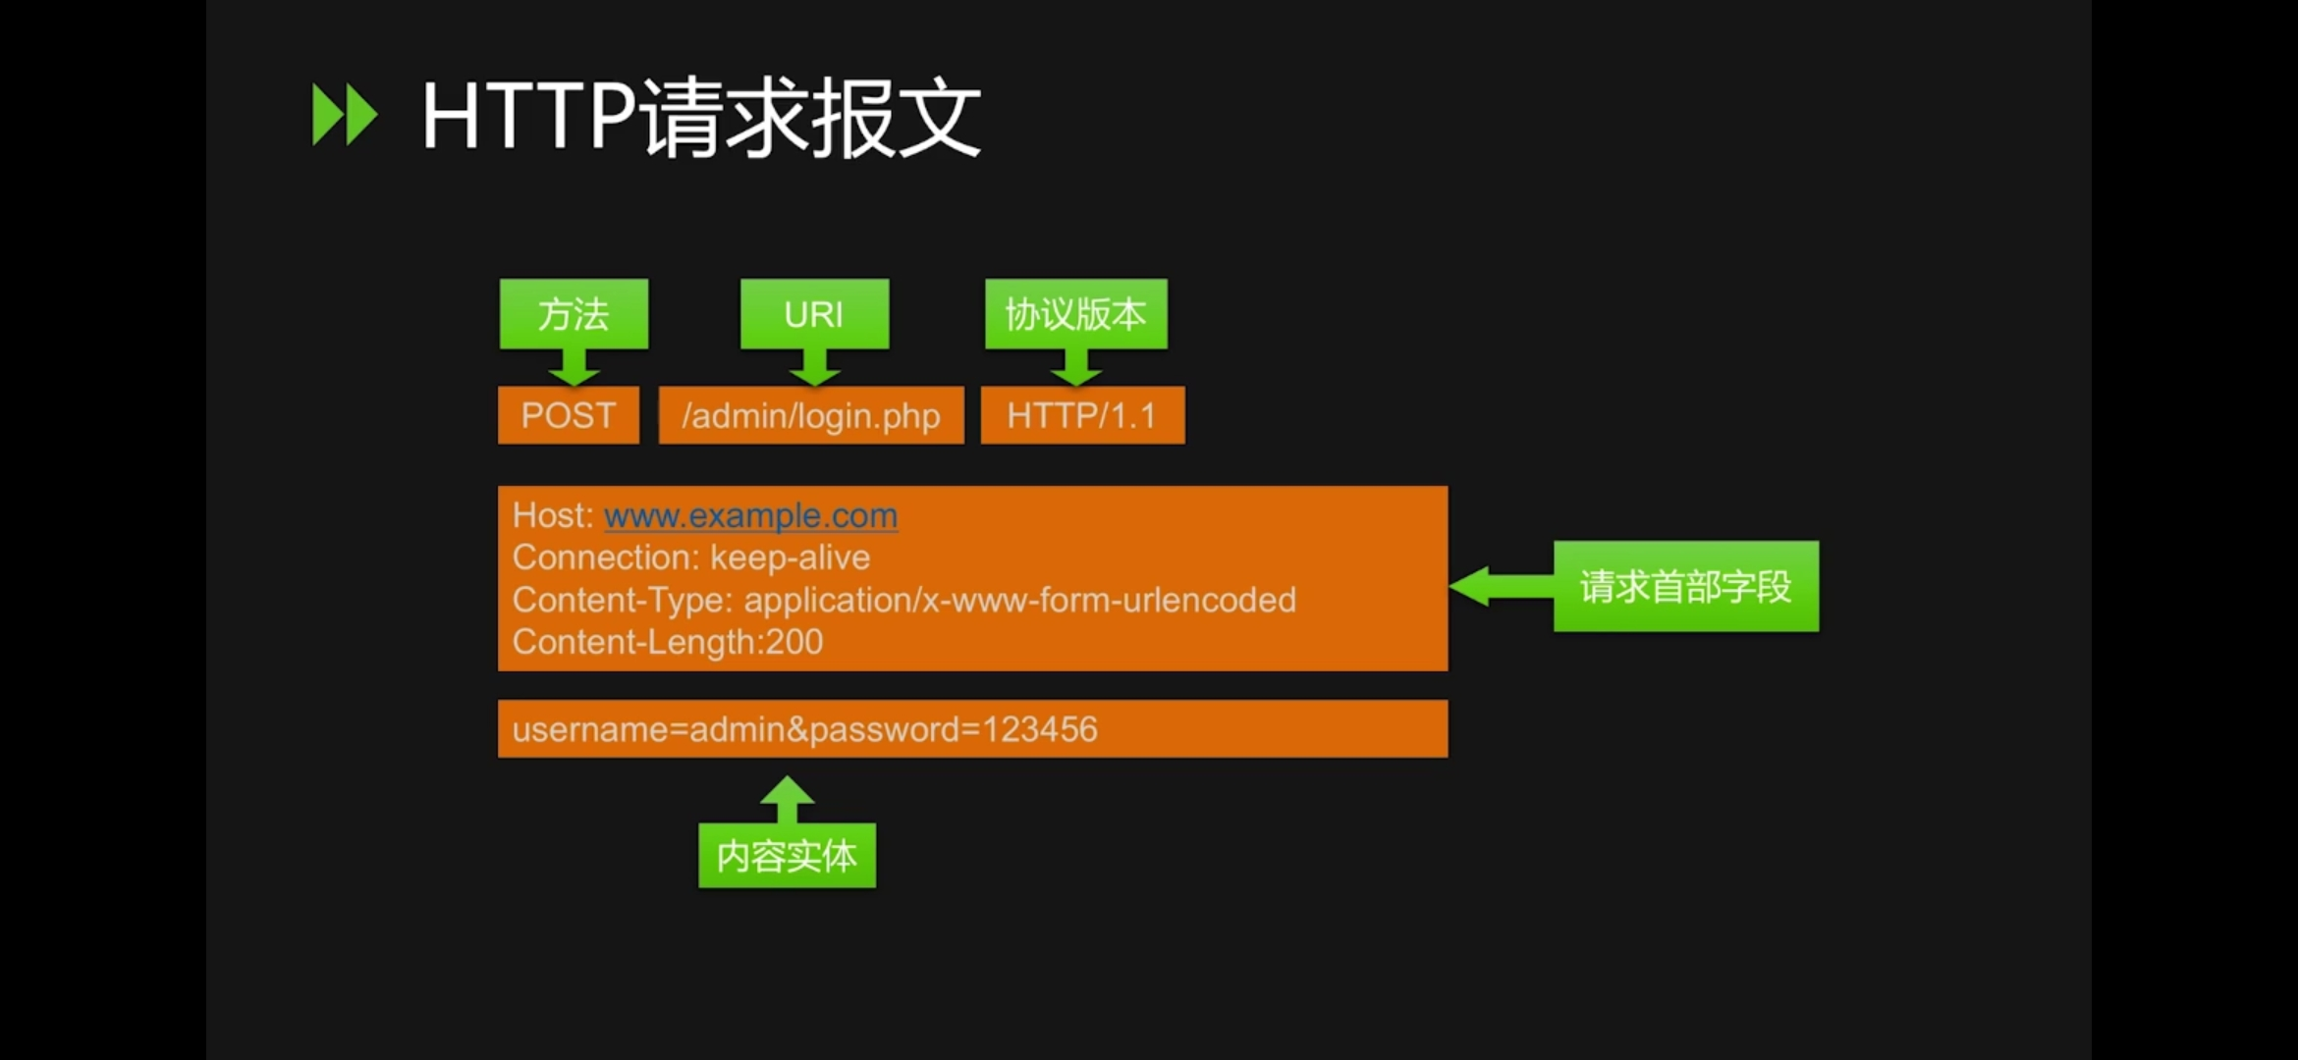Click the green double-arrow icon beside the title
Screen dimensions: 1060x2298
click(x=344, y=116)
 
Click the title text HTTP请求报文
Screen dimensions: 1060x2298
click(x=701, y=118)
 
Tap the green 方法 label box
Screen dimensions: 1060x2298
click(x=574, y=314)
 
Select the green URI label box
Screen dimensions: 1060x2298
click(x=814, y=314)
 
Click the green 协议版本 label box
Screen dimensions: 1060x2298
click(x=1076, y=314)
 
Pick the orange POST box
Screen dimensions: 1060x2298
click(x=569, y=415)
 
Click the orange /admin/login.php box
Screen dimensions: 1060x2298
click(x=811, y=415)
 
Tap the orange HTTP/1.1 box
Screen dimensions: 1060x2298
click(x=1082, y=415)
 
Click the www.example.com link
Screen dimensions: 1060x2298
click(x=750, y=515)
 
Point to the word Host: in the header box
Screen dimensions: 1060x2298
click(x=553, y=515)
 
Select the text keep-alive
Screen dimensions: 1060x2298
click(x=790, y=557)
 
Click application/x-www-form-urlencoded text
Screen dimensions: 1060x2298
click(x=1019, y=600)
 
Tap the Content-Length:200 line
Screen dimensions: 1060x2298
click(x=668, y=642)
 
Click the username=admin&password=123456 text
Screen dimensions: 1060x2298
click(x=804, y=729)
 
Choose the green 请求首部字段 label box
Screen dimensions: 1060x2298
click(x=1685, y=586)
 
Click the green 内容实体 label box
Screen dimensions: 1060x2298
click(x=787, y=856)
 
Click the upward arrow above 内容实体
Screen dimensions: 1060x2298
click(x=787, y=798)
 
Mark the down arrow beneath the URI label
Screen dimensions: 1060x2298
click(x=814, y=368)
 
